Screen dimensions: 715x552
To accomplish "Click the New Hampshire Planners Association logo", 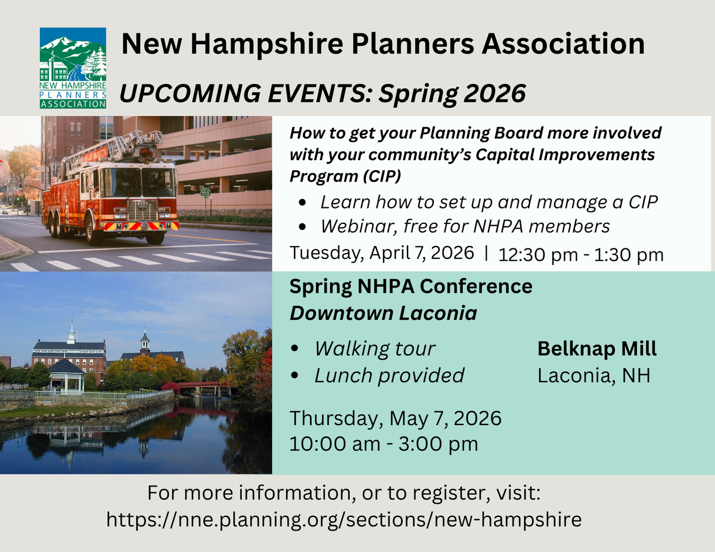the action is pyautogui.click(x=73, y=68).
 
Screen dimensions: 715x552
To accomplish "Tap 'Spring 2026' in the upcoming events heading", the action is pyautogui.click(x=452, y=93).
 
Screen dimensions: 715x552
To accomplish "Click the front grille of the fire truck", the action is pyautogui.click(x=142, y=210).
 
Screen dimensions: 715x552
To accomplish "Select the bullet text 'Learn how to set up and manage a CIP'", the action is pyautogui.click(x=489, y=202).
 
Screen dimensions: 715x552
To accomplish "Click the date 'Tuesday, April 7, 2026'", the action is pyautogui.click(x=382, y=253).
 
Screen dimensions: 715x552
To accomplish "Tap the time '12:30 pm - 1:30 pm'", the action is pyautogui.click(x=581, y=255).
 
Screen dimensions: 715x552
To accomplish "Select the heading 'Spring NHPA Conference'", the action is pyautogui.click(x=411, y=286).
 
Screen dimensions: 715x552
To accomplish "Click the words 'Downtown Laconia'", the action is pyautogui.click(x=383, y=313).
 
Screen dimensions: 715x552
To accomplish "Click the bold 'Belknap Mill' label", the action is pyautogui.click(x=597, y=348).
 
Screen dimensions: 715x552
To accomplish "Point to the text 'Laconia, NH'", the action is pyautogui.click(x=594, y=376).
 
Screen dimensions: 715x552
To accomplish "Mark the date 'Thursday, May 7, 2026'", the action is pyautogui.click(x=396, y=419).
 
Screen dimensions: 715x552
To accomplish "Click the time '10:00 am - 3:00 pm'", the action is pyautogui.click(x=384, y=444).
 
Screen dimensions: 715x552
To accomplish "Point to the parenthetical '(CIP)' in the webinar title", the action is pyautogui.click(x=382, y=176).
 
